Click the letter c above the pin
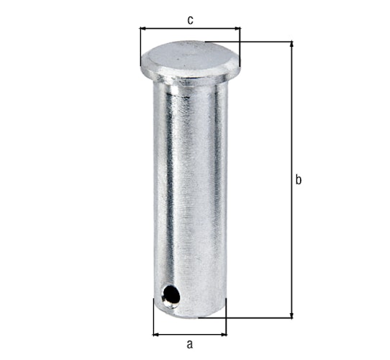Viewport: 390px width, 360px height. pyautogui.click(x=190, y=19)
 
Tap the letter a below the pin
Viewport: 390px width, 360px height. pyautogui.click(x=190, y=344)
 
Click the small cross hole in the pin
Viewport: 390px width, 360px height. pyautogui.click(x=170, y=294)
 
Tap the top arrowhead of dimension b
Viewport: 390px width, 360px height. pyautogui.click(x=291, y=45)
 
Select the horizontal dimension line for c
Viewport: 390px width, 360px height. pyautogui.click(x=190, y=29)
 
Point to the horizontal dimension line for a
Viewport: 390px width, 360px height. pyautogui.click(x=190, y=334)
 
